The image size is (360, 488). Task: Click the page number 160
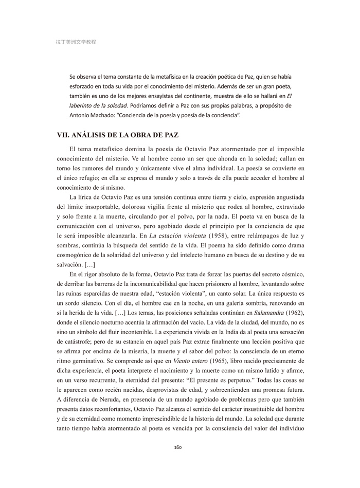[179, 447]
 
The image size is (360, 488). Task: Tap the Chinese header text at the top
[76, 42]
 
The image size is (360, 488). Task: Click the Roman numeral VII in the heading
[64, 136]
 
